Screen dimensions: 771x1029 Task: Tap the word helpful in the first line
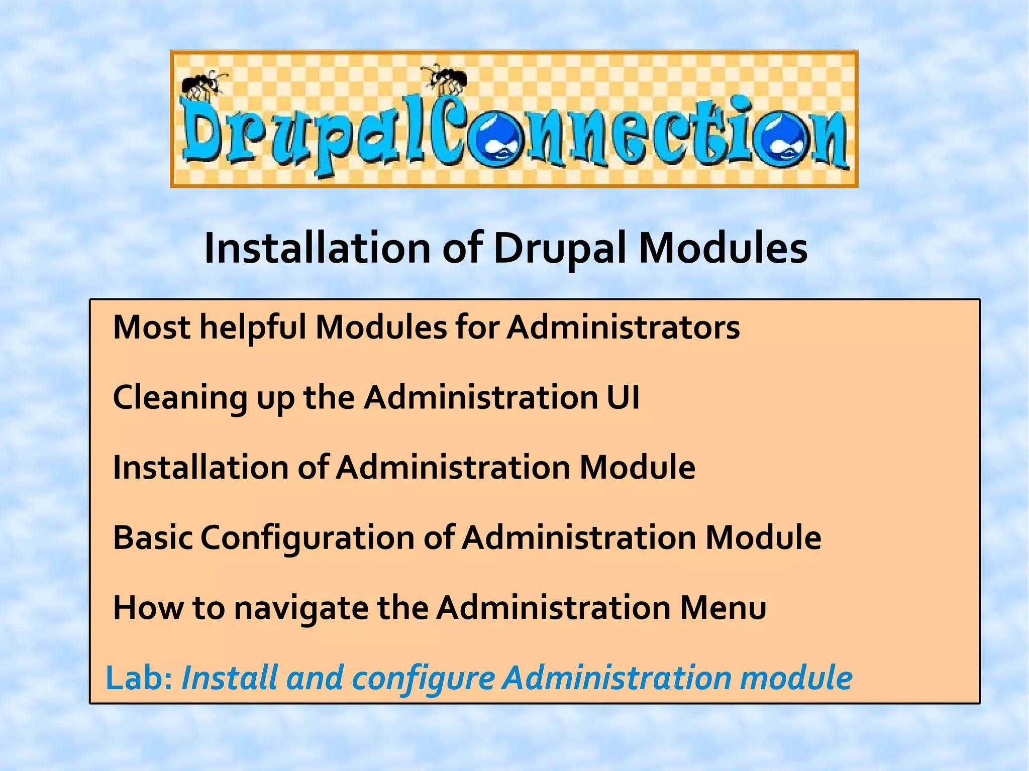pyautogui.click(x=253, y=328)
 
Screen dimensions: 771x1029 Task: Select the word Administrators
pyautogui.click(x=623, y=328)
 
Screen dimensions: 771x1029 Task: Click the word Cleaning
pyautogui.click(x=180, y=398)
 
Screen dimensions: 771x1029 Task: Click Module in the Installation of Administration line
pyautogui.click(x=637, y=468)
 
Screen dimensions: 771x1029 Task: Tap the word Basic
pyautogui.click(x=153, y=538)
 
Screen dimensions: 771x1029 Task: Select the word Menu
pyautogui.click(x=723, y=608)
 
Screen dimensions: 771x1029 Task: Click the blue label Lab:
pyautogui.click(x=139, y=678)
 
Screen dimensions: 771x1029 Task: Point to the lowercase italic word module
pyautogui.click(x=796, y=678)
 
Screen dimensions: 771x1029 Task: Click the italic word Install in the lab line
pyautogui.click(x=230, y=678)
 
